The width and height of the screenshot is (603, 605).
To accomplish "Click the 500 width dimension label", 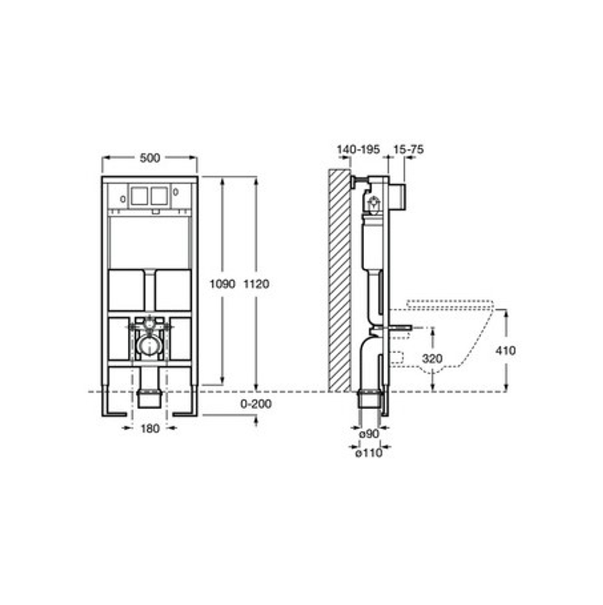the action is point(150,158).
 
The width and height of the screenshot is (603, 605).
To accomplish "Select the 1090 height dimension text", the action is point(222,284).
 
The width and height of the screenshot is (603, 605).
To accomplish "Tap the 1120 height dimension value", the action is point(256,284).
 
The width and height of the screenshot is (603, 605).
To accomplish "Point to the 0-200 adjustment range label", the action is point(256,404).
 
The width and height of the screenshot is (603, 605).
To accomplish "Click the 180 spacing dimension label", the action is point(150,428).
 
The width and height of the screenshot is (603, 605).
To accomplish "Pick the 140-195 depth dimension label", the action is point(358,149).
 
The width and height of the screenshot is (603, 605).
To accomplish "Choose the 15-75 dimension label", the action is point(408,149).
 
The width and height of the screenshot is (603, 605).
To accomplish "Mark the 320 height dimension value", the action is point(432,359).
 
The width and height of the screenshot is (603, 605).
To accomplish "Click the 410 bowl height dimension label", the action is point(505,351).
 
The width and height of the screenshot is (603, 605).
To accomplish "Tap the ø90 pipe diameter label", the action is point(369,434).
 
